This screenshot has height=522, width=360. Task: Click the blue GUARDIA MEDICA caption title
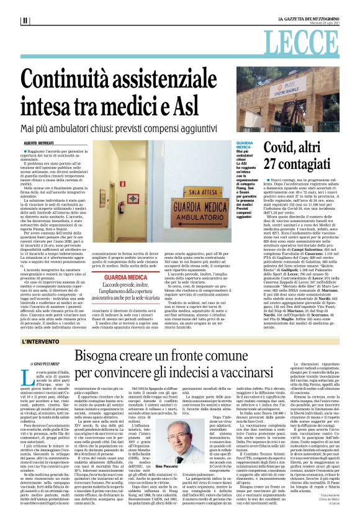(245, 146)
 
